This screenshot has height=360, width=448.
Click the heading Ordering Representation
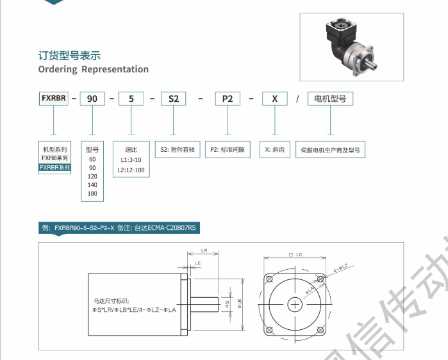click(94, 69)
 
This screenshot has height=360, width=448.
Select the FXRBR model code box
click(53, 99)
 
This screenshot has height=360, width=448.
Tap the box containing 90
click(92, 99)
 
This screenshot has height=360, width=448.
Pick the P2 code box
click(228, 99)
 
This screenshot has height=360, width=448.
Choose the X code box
click(274, 99)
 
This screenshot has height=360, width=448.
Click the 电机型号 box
click(330, 99)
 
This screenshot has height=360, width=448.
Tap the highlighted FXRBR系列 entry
click(54, 167)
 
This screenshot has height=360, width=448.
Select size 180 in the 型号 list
click(92, 193)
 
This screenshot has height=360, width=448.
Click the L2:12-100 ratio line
click(131, 170)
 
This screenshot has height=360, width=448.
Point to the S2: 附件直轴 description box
click(179, 150)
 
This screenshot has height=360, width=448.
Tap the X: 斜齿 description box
click(274, 150)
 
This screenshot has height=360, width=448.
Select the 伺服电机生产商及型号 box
click(330, 151)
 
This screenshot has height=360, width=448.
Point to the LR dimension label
click(204, 250)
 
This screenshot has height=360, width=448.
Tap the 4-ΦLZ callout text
click(344, 267)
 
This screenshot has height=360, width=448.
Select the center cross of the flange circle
click(295, 304)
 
